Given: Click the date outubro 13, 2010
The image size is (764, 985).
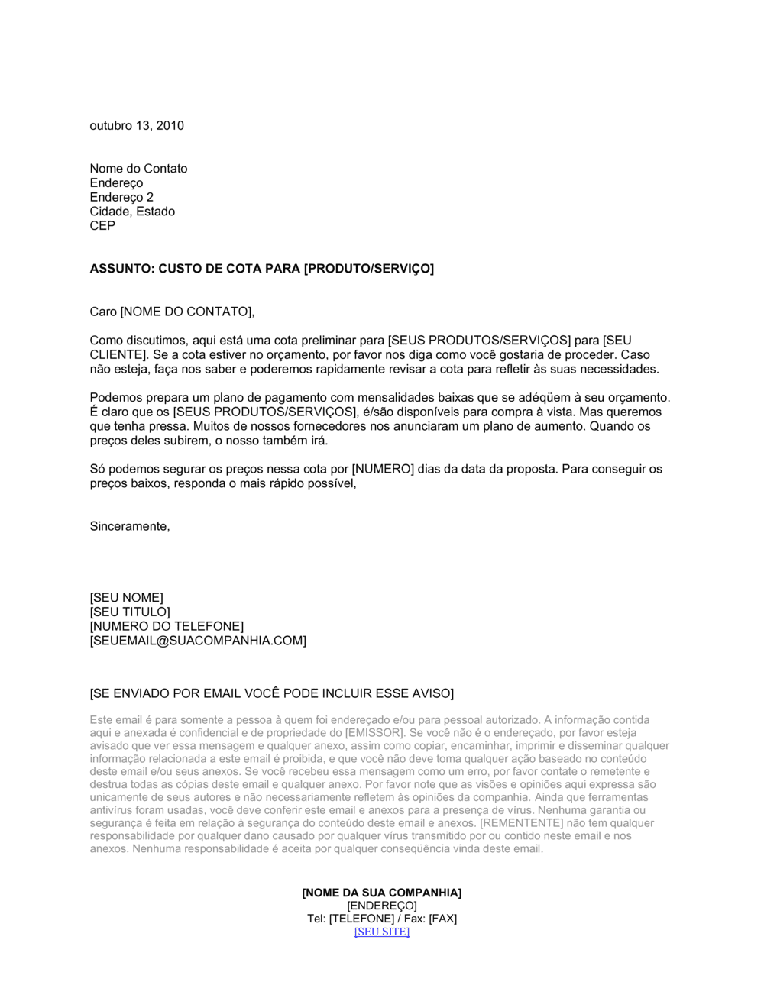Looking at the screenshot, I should click(137, 126).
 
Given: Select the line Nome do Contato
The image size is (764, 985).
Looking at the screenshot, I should click(138, 169).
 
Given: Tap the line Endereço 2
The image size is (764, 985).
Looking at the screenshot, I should click(121, 198).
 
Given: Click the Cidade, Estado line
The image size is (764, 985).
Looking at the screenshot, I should click(132, 212).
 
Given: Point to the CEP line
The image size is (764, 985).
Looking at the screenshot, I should click(102, 226).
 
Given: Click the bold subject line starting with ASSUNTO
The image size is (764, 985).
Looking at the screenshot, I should click(261, 269).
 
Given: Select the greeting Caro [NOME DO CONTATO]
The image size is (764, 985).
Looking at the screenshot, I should click(171, 312).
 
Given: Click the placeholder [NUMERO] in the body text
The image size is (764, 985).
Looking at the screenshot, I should click(382, 469).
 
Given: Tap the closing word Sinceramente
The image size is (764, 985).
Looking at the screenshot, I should click(129, 527).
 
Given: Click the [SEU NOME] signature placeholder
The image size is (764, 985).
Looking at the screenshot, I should click(126, 598).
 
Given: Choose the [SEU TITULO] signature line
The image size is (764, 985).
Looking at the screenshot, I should click(130, 612).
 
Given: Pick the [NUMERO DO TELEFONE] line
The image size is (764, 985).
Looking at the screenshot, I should click(167, 627).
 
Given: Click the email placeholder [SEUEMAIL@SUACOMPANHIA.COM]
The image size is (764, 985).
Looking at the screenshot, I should click(198, 641).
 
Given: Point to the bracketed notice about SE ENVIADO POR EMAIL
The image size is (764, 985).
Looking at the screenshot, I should click(271, 693).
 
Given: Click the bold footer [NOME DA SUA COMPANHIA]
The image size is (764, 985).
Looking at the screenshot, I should click(381, 893).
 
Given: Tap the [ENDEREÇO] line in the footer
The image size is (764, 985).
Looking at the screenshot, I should click(381, 906).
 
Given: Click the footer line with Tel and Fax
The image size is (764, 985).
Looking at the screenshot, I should click(381, 919).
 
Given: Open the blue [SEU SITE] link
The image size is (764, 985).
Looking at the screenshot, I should click(381, 932).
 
